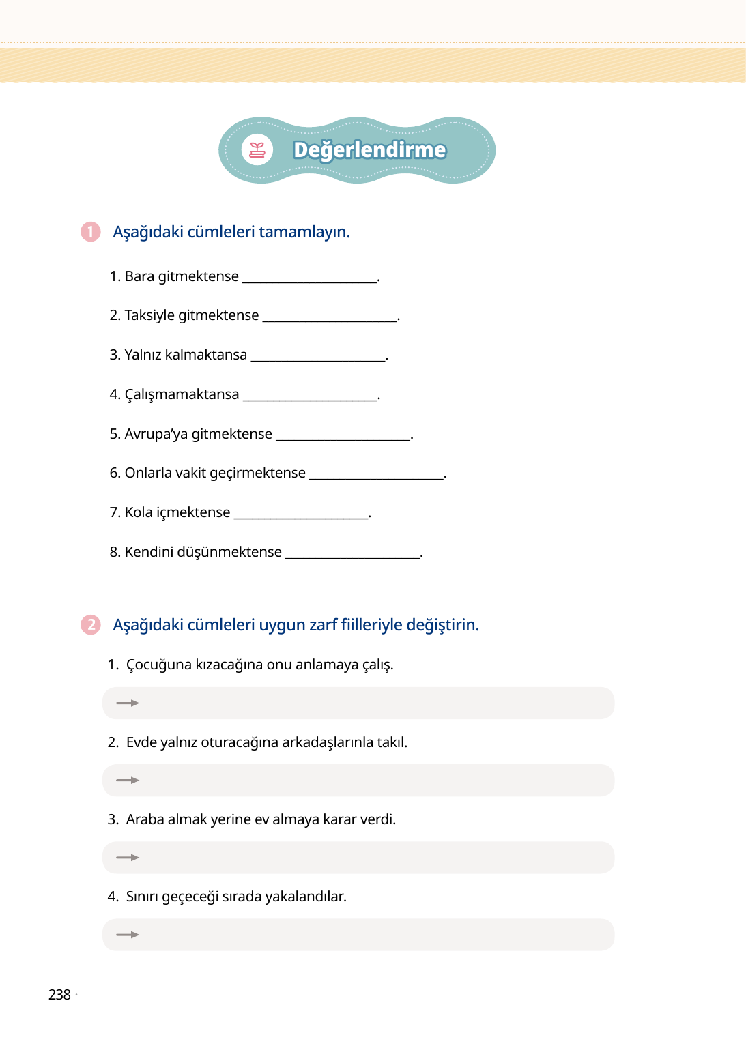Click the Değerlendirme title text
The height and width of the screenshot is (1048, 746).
coord(369,150)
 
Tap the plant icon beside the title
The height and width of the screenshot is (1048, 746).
coord(257,150)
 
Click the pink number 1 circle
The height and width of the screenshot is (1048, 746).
coord(90,232)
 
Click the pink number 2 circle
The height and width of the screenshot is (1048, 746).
coord(90,625)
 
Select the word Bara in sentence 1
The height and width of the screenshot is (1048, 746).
coord(139,276)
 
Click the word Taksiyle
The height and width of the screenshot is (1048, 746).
coord(149,315)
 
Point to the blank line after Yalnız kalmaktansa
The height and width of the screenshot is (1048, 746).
coord(318,359)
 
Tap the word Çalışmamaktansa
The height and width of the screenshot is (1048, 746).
coord(182,394)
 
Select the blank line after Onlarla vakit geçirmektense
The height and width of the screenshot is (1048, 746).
coord(377,477)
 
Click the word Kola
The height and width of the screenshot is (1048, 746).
coord(139,512)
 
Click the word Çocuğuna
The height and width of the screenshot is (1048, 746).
coord(159,665)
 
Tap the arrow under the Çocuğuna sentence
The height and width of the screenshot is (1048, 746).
coord(128,703)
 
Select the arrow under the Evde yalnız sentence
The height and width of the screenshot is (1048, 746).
coord(128,780)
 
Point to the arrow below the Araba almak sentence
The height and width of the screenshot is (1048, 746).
coord(128,858)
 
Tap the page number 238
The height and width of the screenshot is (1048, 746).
coord(59,995)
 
